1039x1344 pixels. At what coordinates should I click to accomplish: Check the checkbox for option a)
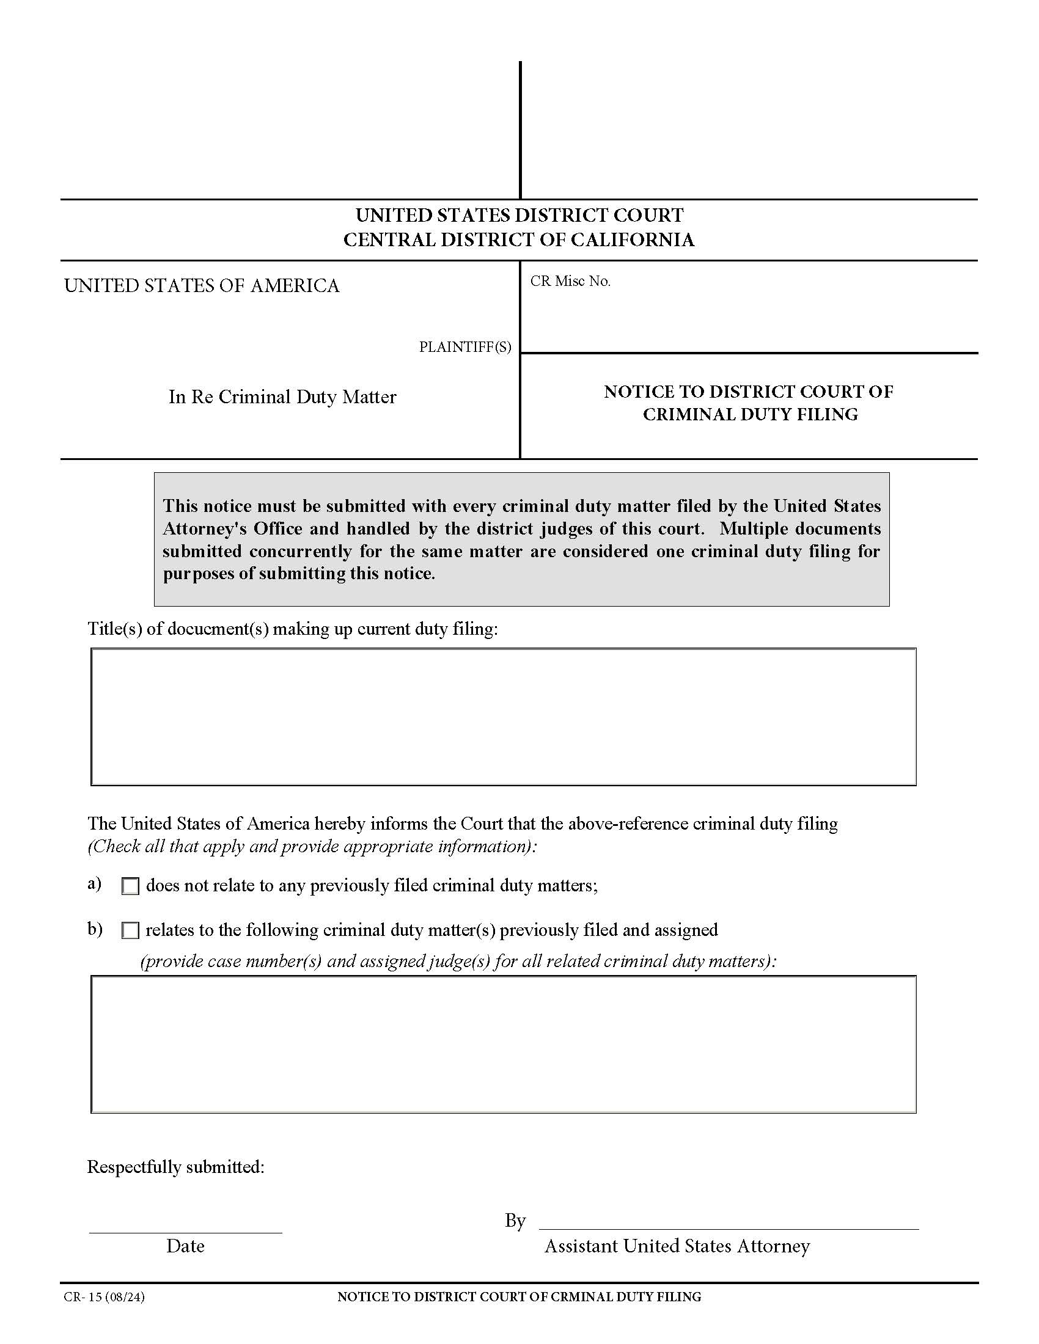[x=131, y=887]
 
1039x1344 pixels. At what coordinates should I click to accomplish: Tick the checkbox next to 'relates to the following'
[x=131, y=931]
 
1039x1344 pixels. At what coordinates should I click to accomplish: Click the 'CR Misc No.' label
[x=570, y=282]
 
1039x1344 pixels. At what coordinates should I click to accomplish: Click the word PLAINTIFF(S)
[x=464, y=348]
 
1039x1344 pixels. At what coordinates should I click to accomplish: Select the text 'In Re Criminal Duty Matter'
[x=282, y=398]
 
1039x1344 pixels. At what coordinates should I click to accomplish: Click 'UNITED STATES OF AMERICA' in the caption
[x=202, y=286]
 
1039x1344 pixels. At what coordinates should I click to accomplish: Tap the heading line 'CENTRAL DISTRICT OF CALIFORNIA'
[x=519, y=240]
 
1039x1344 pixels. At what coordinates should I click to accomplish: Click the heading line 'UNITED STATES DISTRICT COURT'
[x=519, y=216]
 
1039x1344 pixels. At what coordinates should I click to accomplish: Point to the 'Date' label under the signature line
[x=185, y=1247]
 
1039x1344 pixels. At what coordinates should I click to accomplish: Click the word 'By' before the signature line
[x=515, y=1221]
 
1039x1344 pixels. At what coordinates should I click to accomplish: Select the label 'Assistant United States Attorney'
[x=677, y=1247]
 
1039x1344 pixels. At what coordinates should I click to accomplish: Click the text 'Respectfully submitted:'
[x=175, y=1167]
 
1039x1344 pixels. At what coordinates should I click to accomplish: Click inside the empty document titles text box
[x=503, y=717]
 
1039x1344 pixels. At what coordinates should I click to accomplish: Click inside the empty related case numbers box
[x=503, y=1044]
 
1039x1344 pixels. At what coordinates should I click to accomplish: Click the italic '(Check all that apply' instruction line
[x=313, y=847]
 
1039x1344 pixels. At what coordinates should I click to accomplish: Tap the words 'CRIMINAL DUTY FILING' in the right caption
[x=750, y=415]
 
